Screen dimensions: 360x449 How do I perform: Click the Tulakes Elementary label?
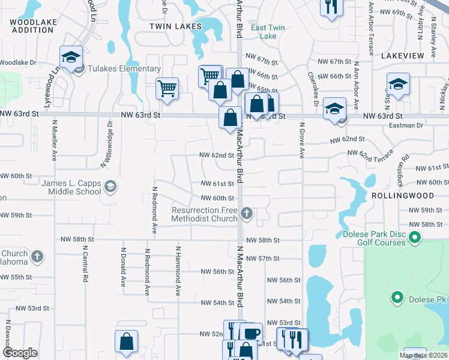pos(124,69)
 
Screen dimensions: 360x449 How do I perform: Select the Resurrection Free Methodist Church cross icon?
pos(246,214)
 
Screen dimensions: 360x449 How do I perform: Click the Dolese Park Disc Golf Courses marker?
pos(415,239)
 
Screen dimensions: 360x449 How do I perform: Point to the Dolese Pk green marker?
pos(396,297)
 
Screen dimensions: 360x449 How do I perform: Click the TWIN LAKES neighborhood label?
pos(173,27)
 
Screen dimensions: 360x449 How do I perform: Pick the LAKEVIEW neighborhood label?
pos(402,55)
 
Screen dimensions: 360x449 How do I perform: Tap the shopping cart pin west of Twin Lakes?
pos(167,88)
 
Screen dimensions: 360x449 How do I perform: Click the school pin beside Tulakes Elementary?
pos(71,57)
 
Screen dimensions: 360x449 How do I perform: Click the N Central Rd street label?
pos(85,266)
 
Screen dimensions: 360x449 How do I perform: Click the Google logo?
pos(20,353)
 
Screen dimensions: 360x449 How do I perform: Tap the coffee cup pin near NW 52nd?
pos(250,333)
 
